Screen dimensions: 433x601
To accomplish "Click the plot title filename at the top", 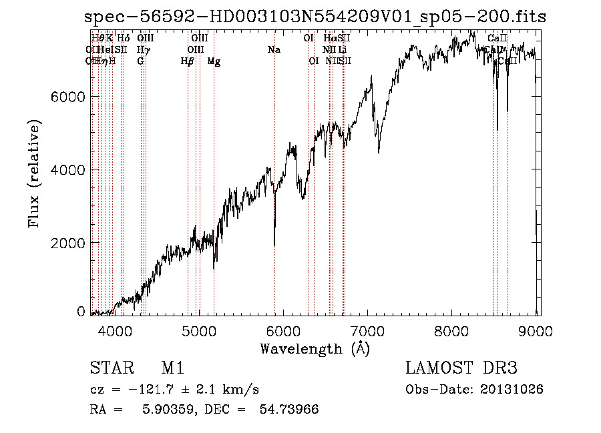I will point(316,17).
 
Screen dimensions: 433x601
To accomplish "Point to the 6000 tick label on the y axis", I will point(68,97).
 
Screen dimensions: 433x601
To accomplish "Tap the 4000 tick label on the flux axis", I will point(68,169).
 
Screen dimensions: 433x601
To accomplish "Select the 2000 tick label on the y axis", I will point(68,242).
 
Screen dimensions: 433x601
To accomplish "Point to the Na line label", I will point(274,49).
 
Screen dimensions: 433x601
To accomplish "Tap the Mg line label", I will point(214,61).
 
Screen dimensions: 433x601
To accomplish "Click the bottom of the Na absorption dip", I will point(274,245).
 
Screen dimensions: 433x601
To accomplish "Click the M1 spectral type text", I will point(172,368).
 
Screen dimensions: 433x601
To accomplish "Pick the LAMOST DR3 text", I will point(461,368).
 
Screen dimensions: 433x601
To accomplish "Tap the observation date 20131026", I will point(512,389).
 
